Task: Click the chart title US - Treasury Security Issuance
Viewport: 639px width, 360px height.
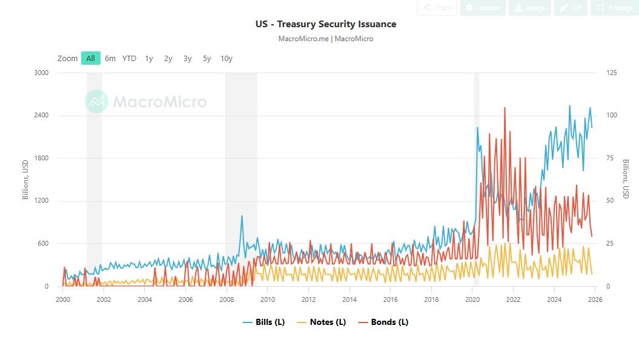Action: click(x=325, y=24)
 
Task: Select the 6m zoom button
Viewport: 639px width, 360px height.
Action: click(x=110, y=58)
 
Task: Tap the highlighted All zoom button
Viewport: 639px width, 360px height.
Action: click(x=90, y=58)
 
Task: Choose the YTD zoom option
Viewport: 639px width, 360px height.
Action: click(x=129, y=58)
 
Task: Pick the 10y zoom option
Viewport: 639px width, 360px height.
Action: click(x=227, y=58)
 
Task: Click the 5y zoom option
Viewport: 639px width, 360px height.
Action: click(x=207, y=58)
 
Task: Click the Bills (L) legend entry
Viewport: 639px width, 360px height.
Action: click(x=263, y=322)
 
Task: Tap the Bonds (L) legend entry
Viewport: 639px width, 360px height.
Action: click(x=383, y=322)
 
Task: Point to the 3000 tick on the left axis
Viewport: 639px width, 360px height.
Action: click(x=41, y=73)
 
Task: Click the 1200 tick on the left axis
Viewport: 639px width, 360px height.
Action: click(x=41, y=201)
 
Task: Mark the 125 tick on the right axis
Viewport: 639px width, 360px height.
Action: click(x=611, y=73)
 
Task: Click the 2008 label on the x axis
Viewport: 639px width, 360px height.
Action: click(x=227, y=299)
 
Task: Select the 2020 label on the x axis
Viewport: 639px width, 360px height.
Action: click(x=472, y=299)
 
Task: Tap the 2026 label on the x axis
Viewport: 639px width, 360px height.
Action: click(x=594, y=299)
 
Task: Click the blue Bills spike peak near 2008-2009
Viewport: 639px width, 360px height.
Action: click(x=242, y=215)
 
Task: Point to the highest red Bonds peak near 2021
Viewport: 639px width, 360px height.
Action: click(x=505, y=108)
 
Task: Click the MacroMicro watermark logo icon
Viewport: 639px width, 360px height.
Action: click(x=96, y=102)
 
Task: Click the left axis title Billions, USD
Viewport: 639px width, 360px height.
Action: click(x=25, y=180)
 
